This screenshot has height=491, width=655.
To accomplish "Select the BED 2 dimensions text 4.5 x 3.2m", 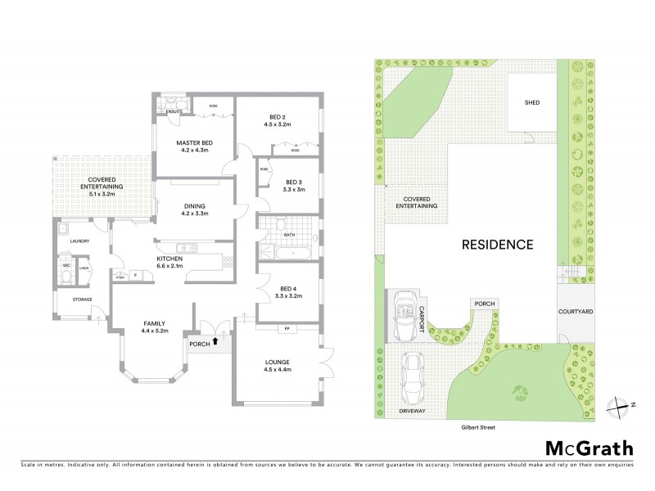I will [x=278, y=124].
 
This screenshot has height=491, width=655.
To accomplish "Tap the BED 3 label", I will [x=295, y=182].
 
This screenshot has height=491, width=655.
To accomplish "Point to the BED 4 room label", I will [x=288, y=288].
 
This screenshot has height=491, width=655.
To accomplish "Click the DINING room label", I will [x=194, y=205].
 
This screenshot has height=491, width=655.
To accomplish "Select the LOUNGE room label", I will [x=277, y=361].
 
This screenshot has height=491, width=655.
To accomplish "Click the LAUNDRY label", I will [x=79, y=241].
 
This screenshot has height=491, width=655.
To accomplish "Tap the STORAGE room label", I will [x=82, y=300].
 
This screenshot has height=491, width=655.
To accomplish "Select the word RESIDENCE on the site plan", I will [x=497, y=244].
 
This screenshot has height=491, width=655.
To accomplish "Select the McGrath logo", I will [x=589, y=448].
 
